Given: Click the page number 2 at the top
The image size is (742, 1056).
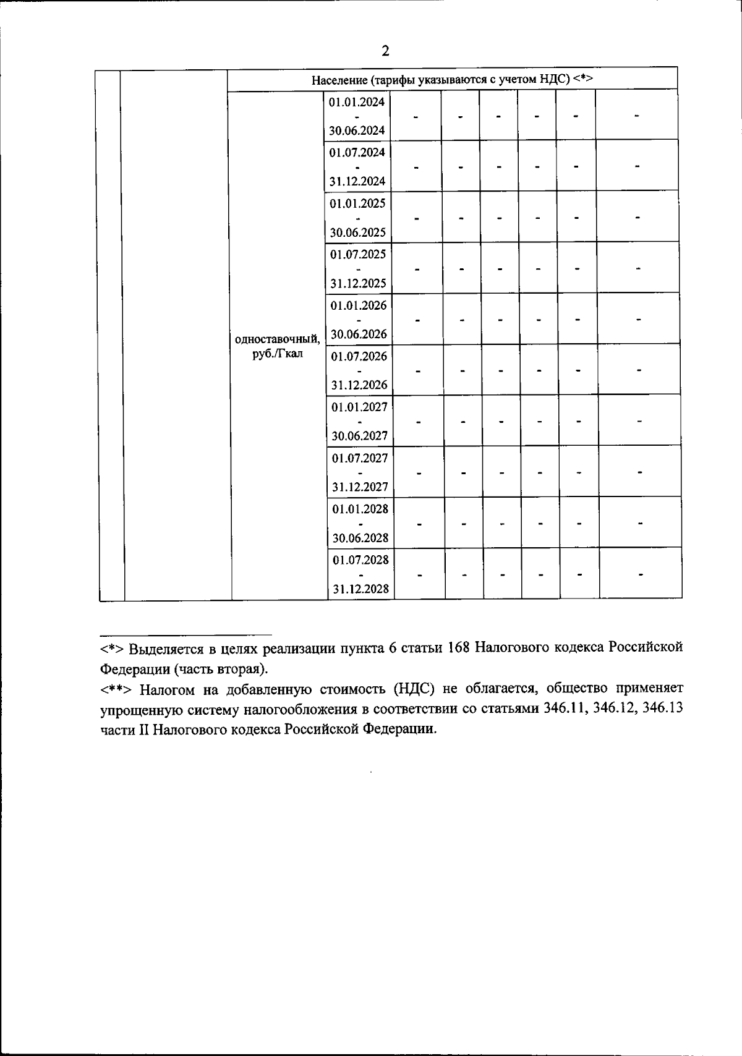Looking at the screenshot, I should tap(385, 51).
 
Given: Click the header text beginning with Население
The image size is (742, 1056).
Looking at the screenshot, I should tap(452, 80).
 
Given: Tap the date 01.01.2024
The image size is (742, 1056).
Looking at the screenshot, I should tap(357, 102).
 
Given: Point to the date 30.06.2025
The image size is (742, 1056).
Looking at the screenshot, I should tap(358, 232).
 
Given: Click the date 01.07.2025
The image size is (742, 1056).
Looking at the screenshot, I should tap(358, 254).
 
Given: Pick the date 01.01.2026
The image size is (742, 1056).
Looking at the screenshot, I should tap(359, 305).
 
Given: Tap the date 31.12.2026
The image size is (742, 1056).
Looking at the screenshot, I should tap(359, 385).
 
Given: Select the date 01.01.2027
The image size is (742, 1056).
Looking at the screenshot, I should tap(359, 407).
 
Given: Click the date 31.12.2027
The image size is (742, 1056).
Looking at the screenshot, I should tap(360, 487).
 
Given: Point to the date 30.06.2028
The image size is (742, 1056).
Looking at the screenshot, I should tap(360, 538).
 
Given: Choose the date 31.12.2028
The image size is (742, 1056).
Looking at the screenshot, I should tap(361, 589).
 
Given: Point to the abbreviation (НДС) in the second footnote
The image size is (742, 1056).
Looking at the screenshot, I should tap(419, 688).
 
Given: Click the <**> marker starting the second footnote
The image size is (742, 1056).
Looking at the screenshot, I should tap(116, 689).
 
